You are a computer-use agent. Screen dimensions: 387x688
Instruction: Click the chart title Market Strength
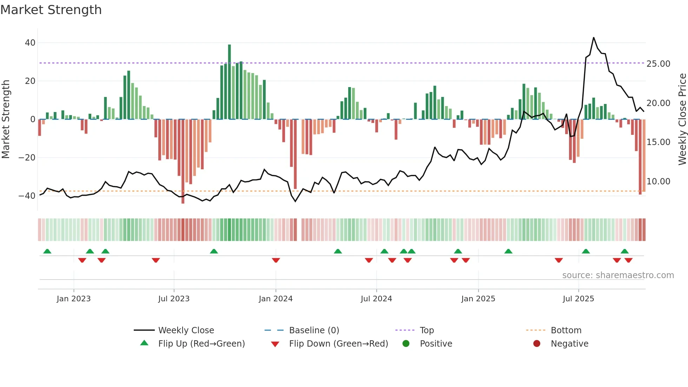(51, 10)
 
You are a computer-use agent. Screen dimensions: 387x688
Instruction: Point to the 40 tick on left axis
(30, 43)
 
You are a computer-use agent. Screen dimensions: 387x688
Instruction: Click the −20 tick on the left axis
(27, 158)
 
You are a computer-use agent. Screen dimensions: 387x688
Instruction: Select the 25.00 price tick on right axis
(658, 64)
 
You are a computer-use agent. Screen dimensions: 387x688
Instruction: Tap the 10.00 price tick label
(658, 182)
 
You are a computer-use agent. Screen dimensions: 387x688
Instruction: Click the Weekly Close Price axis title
(682, 119)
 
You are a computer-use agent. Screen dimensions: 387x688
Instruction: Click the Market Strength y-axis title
(6, 119)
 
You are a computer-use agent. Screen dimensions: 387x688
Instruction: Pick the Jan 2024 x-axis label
(276, 299)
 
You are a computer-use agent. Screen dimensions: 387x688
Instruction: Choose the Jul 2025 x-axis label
(578, 299)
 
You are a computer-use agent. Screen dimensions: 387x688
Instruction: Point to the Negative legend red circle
(537, 344)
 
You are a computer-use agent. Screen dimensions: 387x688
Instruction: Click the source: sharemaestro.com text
(618, 275)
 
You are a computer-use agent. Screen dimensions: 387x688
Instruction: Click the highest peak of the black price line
(594, 38)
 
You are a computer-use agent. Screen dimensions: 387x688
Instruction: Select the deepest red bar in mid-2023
(183, 162)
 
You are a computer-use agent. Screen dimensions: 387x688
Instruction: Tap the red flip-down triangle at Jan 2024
(276, 260)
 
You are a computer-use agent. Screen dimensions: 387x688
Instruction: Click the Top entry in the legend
(426, 330)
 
